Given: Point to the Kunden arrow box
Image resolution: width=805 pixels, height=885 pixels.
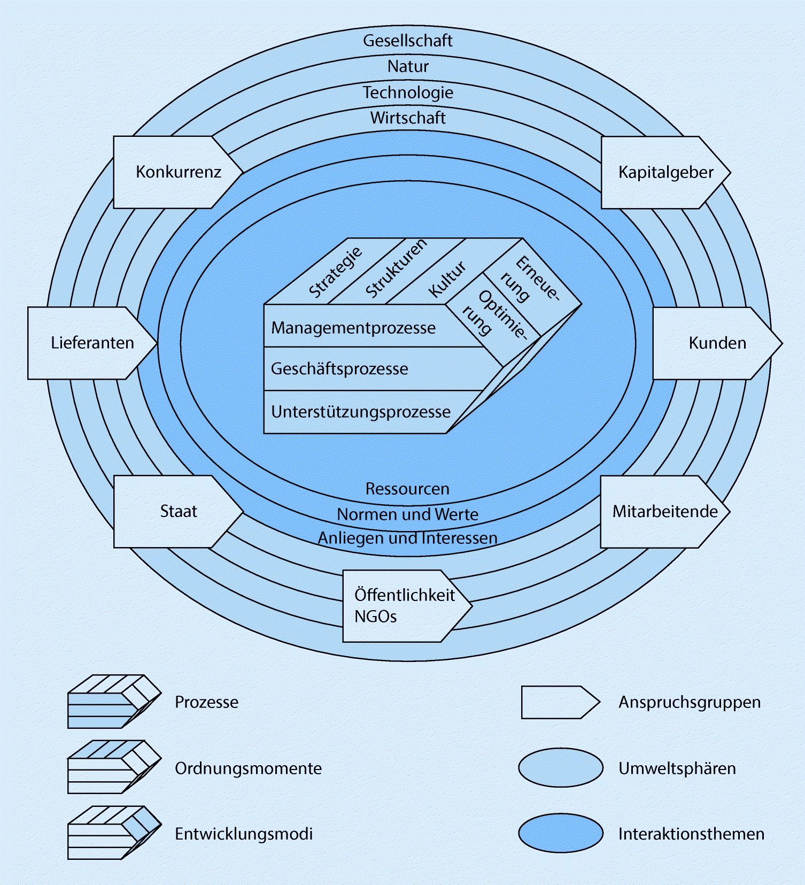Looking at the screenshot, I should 714,343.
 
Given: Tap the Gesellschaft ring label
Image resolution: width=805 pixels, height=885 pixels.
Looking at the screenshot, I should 407,41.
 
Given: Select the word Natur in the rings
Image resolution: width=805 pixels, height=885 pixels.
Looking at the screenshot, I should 407,66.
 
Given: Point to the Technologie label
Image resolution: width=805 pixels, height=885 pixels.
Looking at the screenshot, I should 407,92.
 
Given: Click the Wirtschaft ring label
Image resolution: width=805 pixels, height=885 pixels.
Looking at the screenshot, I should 407,118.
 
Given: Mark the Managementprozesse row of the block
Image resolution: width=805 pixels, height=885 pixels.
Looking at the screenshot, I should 353,327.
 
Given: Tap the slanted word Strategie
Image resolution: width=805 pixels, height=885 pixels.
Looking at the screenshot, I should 335,272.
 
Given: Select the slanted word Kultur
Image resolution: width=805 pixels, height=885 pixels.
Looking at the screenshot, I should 447,279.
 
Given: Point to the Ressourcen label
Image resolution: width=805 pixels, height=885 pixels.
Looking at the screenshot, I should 407,489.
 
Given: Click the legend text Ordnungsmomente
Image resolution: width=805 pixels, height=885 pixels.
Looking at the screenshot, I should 248,768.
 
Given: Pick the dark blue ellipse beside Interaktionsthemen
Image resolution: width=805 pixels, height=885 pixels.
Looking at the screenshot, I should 560,833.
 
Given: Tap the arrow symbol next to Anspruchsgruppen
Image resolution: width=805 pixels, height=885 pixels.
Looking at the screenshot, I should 560,702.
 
